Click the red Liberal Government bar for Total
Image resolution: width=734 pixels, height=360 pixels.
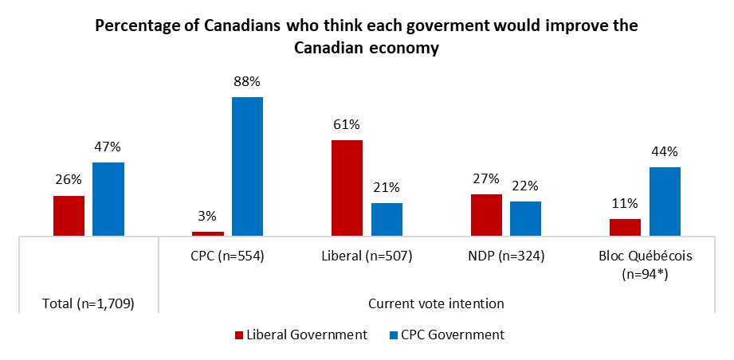[69, 216]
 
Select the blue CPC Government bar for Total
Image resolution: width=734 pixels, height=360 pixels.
[108, 199]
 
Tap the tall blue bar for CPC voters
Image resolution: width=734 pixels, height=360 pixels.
[247, 166]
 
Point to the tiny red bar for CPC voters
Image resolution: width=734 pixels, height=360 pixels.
[208, 233]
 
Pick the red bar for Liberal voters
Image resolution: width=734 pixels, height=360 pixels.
[347, 188]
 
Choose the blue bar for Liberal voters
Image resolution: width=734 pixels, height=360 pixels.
[387, 219]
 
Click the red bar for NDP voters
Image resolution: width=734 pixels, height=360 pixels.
[486, 215]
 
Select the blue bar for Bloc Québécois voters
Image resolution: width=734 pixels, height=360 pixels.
[665, 202]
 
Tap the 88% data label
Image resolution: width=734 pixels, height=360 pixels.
[247, 81]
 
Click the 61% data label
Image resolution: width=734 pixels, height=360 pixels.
[347, 124]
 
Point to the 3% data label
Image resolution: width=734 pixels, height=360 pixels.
[208, 216]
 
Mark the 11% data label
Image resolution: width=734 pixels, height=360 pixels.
[625, 203]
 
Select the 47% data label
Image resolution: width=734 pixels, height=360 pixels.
[108, 147]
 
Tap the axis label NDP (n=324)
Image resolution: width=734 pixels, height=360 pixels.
[506, 256]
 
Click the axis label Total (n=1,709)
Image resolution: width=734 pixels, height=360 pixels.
[88, 303]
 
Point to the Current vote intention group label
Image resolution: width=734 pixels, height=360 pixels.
[436, 303]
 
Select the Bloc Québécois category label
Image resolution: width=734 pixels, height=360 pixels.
[645, 256]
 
